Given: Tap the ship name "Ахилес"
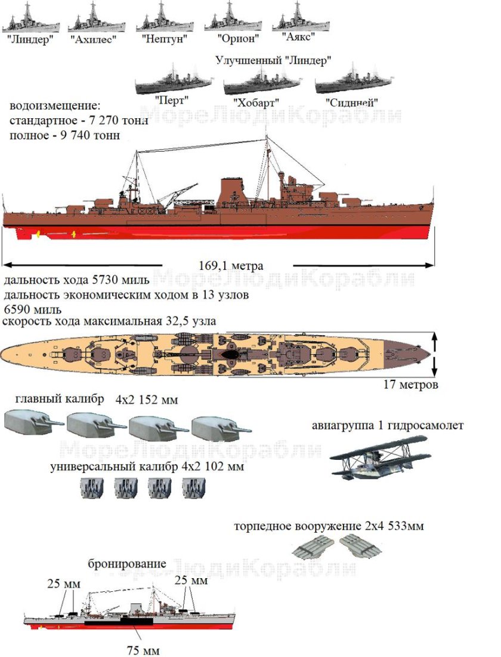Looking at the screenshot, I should (92, 40).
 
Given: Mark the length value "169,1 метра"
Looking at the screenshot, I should (231, 266).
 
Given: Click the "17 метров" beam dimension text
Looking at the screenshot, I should (411, 385).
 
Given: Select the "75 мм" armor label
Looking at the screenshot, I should (144, 650).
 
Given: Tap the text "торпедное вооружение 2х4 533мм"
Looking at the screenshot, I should (329, 527).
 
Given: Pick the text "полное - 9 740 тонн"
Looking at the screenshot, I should (65, 136).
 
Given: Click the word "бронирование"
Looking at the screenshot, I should (127, 564).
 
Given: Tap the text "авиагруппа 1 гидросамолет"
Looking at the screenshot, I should (388, 426).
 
